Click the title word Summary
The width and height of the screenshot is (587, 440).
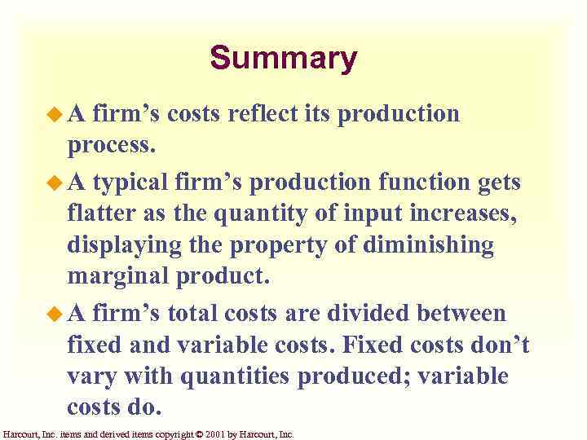pos(283,59)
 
